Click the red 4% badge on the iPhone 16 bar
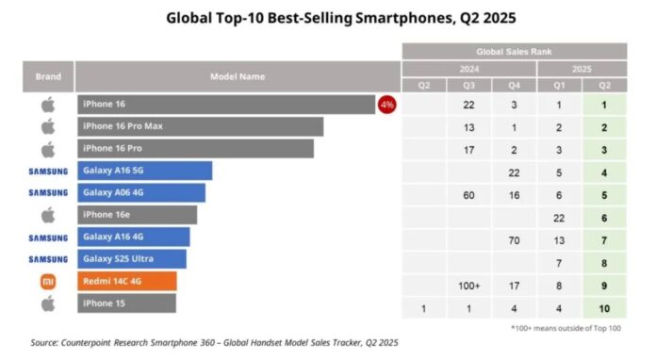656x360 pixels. point(386,105)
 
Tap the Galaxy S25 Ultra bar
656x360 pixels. point(131,259)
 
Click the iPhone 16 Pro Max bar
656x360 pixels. point(199,127)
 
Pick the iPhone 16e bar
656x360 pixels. point(136,215)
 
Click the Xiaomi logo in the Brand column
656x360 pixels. point(48,281)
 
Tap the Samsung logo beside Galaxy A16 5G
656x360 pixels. point(48,172)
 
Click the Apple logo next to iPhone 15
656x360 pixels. point(48,303)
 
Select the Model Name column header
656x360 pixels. point(238,76)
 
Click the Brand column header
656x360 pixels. point(48,76)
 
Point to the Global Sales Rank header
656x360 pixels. point(514,51)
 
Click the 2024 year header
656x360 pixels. point(468,68)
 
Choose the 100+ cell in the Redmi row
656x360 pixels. point(468,282)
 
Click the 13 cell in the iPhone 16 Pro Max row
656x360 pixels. point(468,127)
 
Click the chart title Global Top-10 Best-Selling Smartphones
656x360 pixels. point(327,17)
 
